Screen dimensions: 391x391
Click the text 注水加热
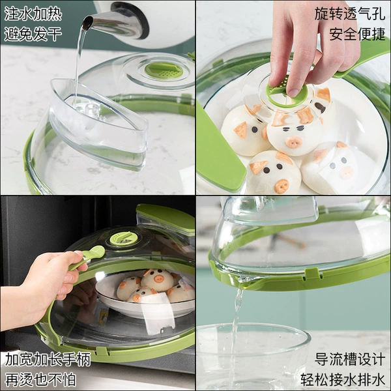(x=33, y=14)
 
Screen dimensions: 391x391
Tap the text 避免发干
(x=33, y=34)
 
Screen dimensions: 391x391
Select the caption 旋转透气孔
(x=350, y=14)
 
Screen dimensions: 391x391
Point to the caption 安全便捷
(x=357, y=34)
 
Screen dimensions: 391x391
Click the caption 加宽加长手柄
(x=48, y=359)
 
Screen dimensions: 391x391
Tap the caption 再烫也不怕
(x=40, y=379)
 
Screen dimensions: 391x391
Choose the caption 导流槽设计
(x=350, y=359)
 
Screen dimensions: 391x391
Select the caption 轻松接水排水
(x=343, y=379)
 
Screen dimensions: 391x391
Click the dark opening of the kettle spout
(x=87, y=23)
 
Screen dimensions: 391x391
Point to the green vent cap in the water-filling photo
(x=164, y=70)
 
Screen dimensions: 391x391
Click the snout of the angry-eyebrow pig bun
(x=294, y=142)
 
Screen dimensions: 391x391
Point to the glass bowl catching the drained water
(x=253, y=356)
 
